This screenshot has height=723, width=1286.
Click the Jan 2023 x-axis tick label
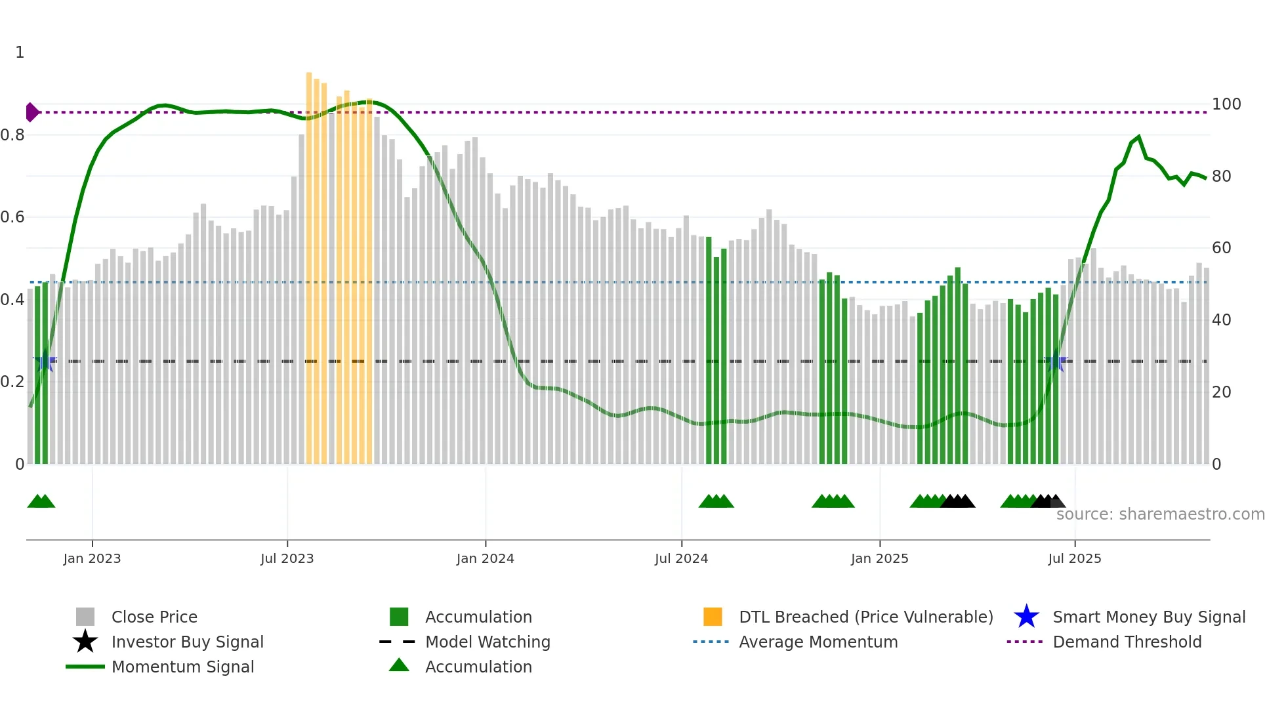92,559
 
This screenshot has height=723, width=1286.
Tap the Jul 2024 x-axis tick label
681,559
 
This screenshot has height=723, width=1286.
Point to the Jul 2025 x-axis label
1074,559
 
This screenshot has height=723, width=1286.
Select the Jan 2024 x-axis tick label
485,559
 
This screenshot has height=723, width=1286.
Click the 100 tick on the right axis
1226,104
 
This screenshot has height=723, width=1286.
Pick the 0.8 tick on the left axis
12,135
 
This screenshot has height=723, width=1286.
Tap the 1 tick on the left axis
20,52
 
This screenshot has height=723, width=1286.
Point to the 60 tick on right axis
1221,248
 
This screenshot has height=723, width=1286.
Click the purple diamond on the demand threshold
31,112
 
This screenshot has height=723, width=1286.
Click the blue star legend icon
1026,617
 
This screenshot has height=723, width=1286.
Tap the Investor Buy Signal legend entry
187,642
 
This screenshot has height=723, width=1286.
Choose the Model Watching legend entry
487,642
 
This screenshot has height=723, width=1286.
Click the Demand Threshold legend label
1127,642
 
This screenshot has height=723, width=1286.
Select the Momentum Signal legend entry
182,667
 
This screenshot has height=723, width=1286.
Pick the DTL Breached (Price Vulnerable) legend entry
865,617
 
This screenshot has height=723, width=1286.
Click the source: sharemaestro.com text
1160,514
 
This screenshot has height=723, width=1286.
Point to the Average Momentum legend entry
818,642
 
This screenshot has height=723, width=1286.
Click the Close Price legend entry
154,617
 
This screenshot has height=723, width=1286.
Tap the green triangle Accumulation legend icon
399,666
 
